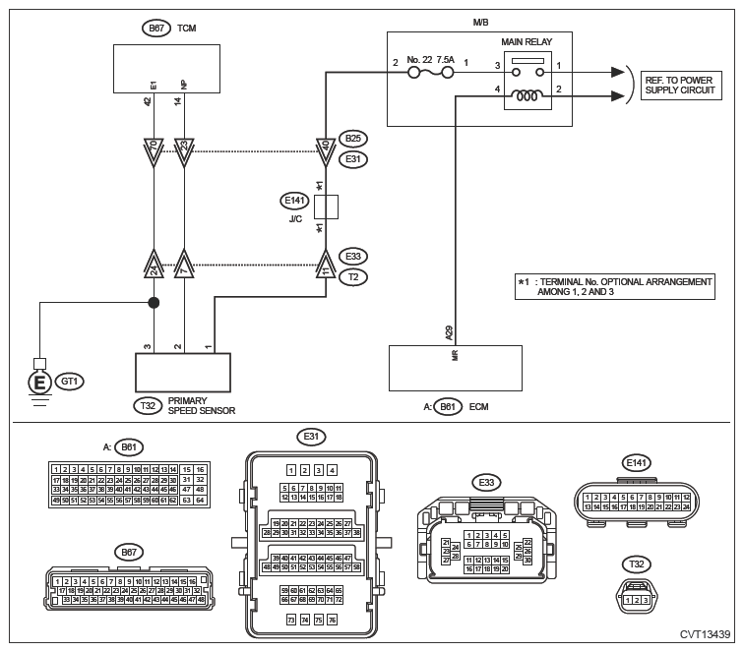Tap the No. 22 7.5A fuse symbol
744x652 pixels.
pos(432,71)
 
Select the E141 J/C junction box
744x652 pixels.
pos(326,207)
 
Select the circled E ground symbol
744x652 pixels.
pos(40,379)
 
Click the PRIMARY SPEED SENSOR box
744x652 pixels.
pos(183,373)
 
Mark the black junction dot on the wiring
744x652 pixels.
pos(154,303)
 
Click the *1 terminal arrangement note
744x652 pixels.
pos(614,287)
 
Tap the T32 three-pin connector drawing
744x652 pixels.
pos(635,596)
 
